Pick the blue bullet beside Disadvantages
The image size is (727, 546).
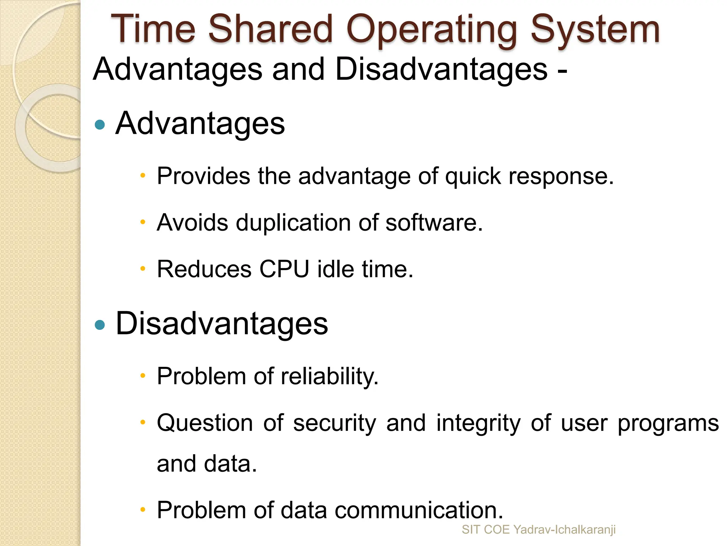[x=100, y=325]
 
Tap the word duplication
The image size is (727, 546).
[x=293, y=223]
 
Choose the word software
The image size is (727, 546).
[x=434, y=223]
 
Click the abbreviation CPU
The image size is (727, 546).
[x=284, y=269]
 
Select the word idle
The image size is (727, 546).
[x=335, y=269]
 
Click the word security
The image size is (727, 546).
[x=334, y=424]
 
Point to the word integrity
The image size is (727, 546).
[x=478, y=424]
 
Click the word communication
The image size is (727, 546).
[x=419, y=510]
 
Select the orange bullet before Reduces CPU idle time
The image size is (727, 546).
[x=143, y=269]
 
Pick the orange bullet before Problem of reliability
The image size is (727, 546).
[x=143, y=376]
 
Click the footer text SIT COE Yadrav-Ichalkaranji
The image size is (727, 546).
[x=539, y=530]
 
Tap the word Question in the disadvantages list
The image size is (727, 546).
[x=205, y=424]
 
